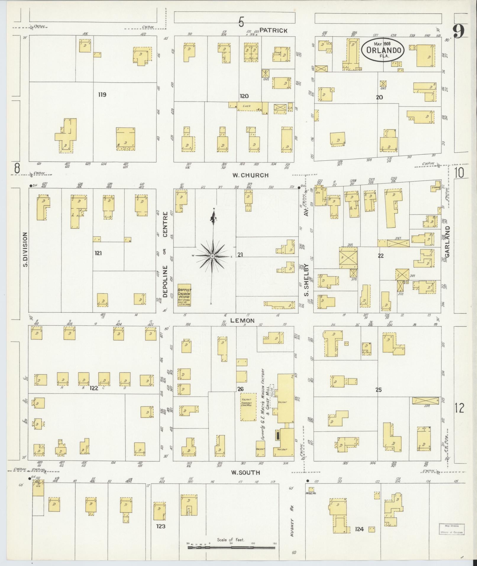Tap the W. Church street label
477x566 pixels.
coord(250,175)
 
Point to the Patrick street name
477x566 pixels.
coord(274,30)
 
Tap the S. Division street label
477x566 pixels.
coord(25,249)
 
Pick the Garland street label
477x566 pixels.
coord(447,244)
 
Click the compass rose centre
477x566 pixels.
coord(212,256)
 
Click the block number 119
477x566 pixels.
coord(102,95)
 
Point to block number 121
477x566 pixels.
coord(98,253)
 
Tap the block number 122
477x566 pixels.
coord(94,388)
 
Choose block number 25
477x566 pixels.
coord(379,390)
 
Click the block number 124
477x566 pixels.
coord(359,529)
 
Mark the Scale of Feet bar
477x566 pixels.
coord(232,548)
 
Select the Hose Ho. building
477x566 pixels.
coord(311,489)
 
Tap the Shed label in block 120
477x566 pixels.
coord(246,106)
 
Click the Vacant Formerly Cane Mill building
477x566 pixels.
coord(248,407)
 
